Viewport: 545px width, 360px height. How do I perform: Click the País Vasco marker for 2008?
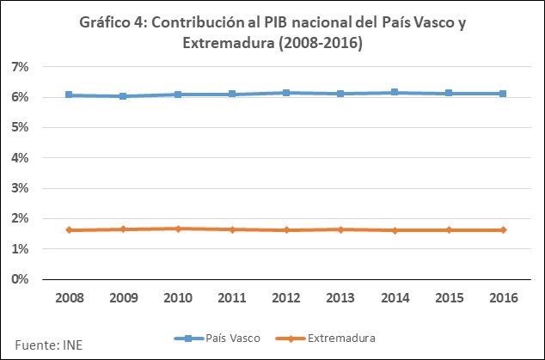click(68, 95)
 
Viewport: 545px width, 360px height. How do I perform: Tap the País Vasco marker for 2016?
click(503, 94)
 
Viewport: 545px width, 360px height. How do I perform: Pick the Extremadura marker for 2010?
click(177, 229)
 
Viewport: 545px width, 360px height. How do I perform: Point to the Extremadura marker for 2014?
click(395, 230)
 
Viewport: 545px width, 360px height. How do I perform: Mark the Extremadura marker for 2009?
click(123, 229)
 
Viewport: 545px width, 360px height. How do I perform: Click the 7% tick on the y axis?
click(21, 66)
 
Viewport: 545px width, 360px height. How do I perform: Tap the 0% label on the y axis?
click(21, 279)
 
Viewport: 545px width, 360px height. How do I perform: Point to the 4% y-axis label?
click(21, 158)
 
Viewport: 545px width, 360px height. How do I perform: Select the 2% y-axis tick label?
click(21, 219)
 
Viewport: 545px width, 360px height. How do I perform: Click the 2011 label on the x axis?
click(231, 297)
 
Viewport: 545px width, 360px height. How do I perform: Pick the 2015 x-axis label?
click(449, 297)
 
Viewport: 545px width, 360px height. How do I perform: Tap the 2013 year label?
click(340, 297)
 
